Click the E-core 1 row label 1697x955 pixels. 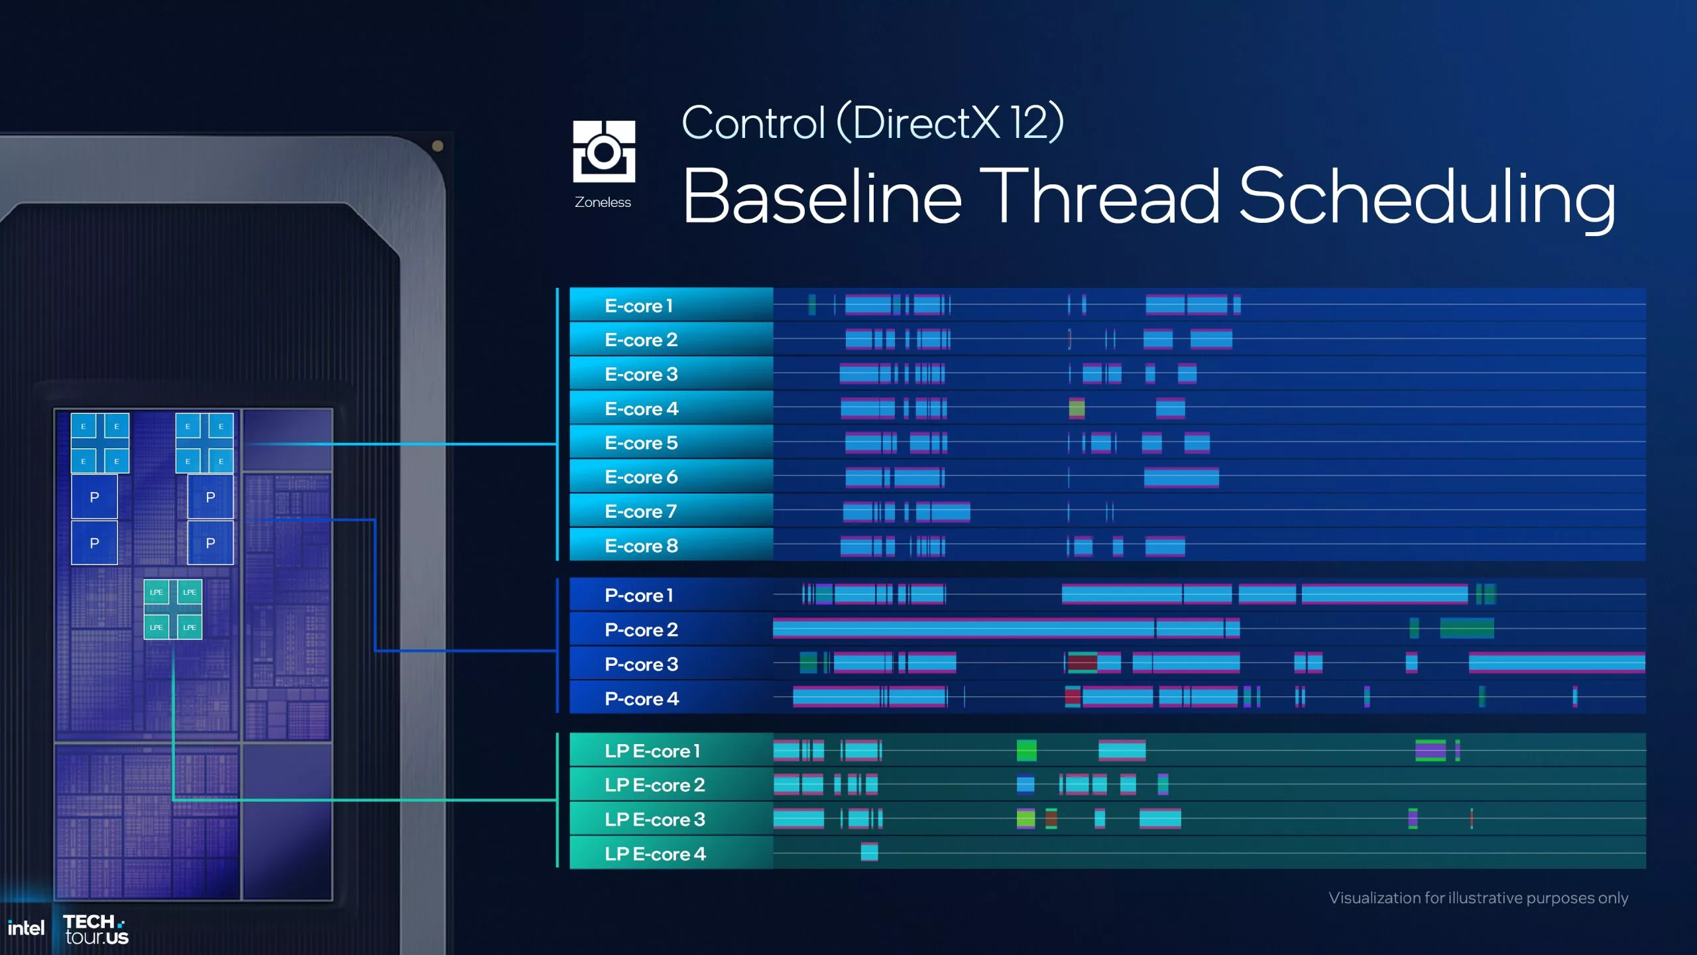[x=638, y=306]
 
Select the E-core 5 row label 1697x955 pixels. [x=641, y=443]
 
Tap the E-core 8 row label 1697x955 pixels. [x=641, y=546]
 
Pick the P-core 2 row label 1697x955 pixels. [x=641, y=630]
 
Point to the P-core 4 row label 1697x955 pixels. [x=642, y=699]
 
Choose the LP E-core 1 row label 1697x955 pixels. [x=652, y=751]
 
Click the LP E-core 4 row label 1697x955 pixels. [x=655, y=854]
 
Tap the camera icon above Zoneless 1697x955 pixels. [x=604, y=152]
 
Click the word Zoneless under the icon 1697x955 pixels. [x=603, y=202]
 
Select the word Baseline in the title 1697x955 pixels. [x=822, y=197]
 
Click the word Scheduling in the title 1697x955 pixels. [x=1427, y=197]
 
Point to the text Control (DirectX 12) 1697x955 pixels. [x=872, y=123]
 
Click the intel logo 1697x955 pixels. [x=26, y=928]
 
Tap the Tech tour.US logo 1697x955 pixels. [x=95, y=929]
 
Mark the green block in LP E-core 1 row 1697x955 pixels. [x=1026, y=751]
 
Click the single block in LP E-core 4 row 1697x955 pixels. [x=869, y=852]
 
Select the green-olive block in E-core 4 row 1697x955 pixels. [x=1077, y=408]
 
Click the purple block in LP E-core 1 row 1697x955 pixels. [x=1430, y=751]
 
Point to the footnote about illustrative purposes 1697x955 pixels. [x=1478, y=898]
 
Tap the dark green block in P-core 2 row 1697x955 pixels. [x=1466, y=628]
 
